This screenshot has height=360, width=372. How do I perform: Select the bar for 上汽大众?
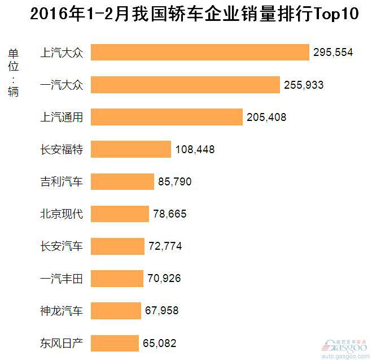click(x=200, y=53)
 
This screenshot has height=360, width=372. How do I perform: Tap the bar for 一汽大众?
click(x=185, y=85)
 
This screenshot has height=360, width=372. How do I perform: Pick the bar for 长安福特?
click(x=131, y=149)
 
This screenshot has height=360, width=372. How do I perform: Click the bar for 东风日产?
click(x=115, y=343)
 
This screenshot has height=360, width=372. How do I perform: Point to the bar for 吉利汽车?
click(x=122, y=181)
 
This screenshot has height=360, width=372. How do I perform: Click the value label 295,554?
click(x=333, y=53)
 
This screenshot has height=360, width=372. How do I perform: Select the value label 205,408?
click(x=266, y=118)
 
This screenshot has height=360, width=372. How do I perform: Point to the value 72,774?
click(x=165, y=246)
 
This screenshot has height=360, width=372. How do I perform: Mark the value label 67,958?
click(x=161, y=311)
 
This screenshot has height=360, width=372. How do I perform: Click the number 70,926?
click(x=164, y=279)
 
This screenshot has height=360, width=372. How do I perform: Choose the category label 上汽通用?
click(x=62, y=118)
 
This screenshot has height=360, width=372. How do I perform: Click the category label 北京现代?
click(x=62, y=214)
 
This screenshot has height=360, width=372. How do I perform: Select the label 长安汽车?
click(x=62, y=246)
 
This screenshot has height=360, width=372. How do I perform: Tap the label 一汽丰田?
click(x=62, y=279)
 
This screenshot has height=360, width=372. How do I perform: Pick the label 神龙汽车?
click(x=62, y=311)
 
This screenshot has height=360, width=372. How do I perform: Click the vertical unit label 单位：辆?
click(x=13, y=72)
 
